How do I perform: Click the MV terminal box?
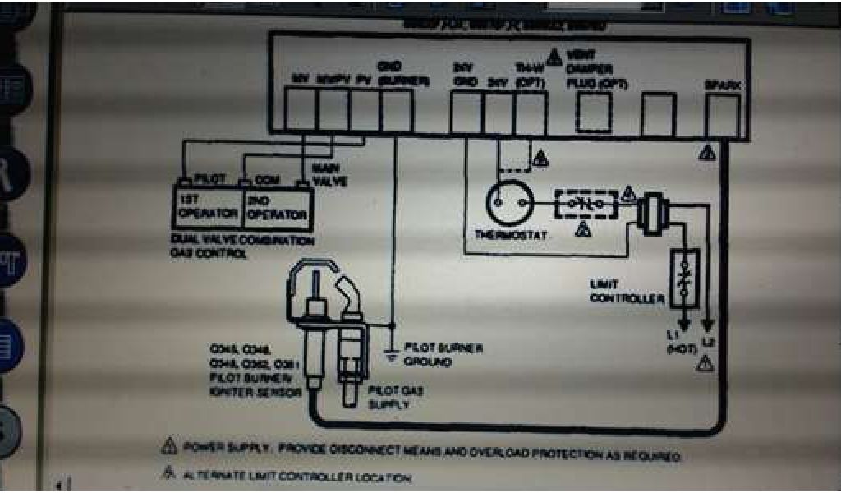pos(300,111)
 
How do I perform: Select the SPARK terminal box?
pos(723,114)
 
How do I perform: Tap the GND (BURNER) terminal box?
pos(396,111)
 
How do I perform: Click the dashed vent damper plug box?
pos(593,113)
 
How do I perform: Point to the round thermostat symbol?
pos(508,201)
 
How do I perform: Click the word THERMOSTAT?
pos(512,235)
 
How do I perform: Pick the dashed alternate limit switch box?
pos(586,204)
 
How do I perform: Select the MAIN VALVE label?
pos(324,175)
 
